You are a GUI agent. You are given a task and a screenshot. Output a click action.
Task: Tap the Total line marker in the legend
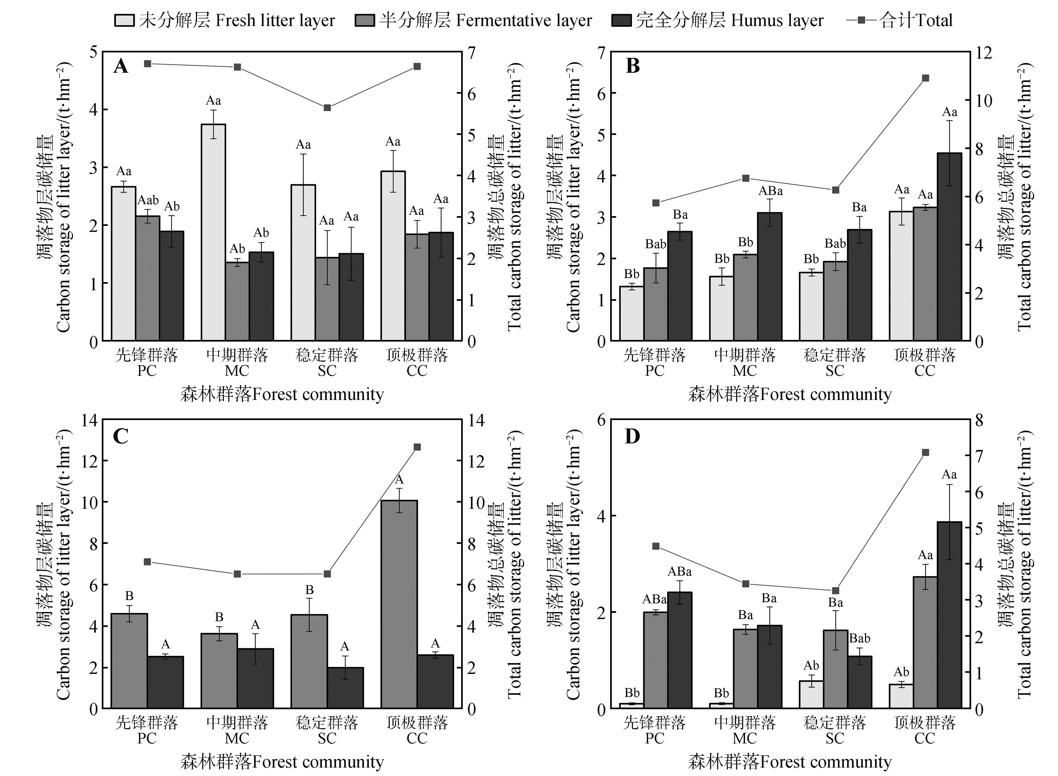pos(861,20)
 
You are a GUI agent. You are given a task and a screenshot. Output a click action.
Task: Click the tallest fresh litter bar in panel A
pos(214,232)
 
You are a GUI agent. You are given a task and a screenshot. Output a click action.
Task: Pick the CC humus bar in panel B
pos(949,247)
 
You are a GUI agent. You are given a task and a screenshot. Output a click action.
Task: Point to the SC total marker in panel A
pos(327,108)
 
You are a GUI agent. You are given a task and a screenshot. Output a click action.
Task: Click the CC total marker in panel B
pos(925,78)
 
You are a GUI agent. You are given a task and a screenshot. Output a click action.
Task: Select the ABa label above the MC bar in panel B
pos(771,191)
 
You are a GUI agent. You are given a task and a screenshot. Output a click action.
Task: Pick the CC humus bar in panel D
pos(949,615)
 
